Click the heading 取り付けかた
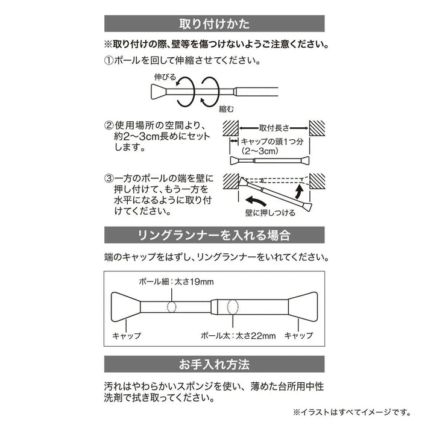click(x=215, y=25)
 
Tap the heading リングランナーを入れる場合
click(x=215, y=235)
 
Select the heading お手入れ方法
click(x=215, y=365)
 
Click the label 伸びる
click(x=166, y=77)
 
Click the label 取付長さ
click(x=274, y=128)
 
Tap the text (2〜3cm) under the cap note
click(x=259, y=151)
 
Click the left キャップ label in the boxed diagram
click(x=127, y=336)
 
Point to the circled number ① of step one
click(x=109, y=61)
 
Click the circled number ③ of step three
click(x=109, y=179)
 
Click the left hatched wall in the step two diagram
click(x=230, y=128)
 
